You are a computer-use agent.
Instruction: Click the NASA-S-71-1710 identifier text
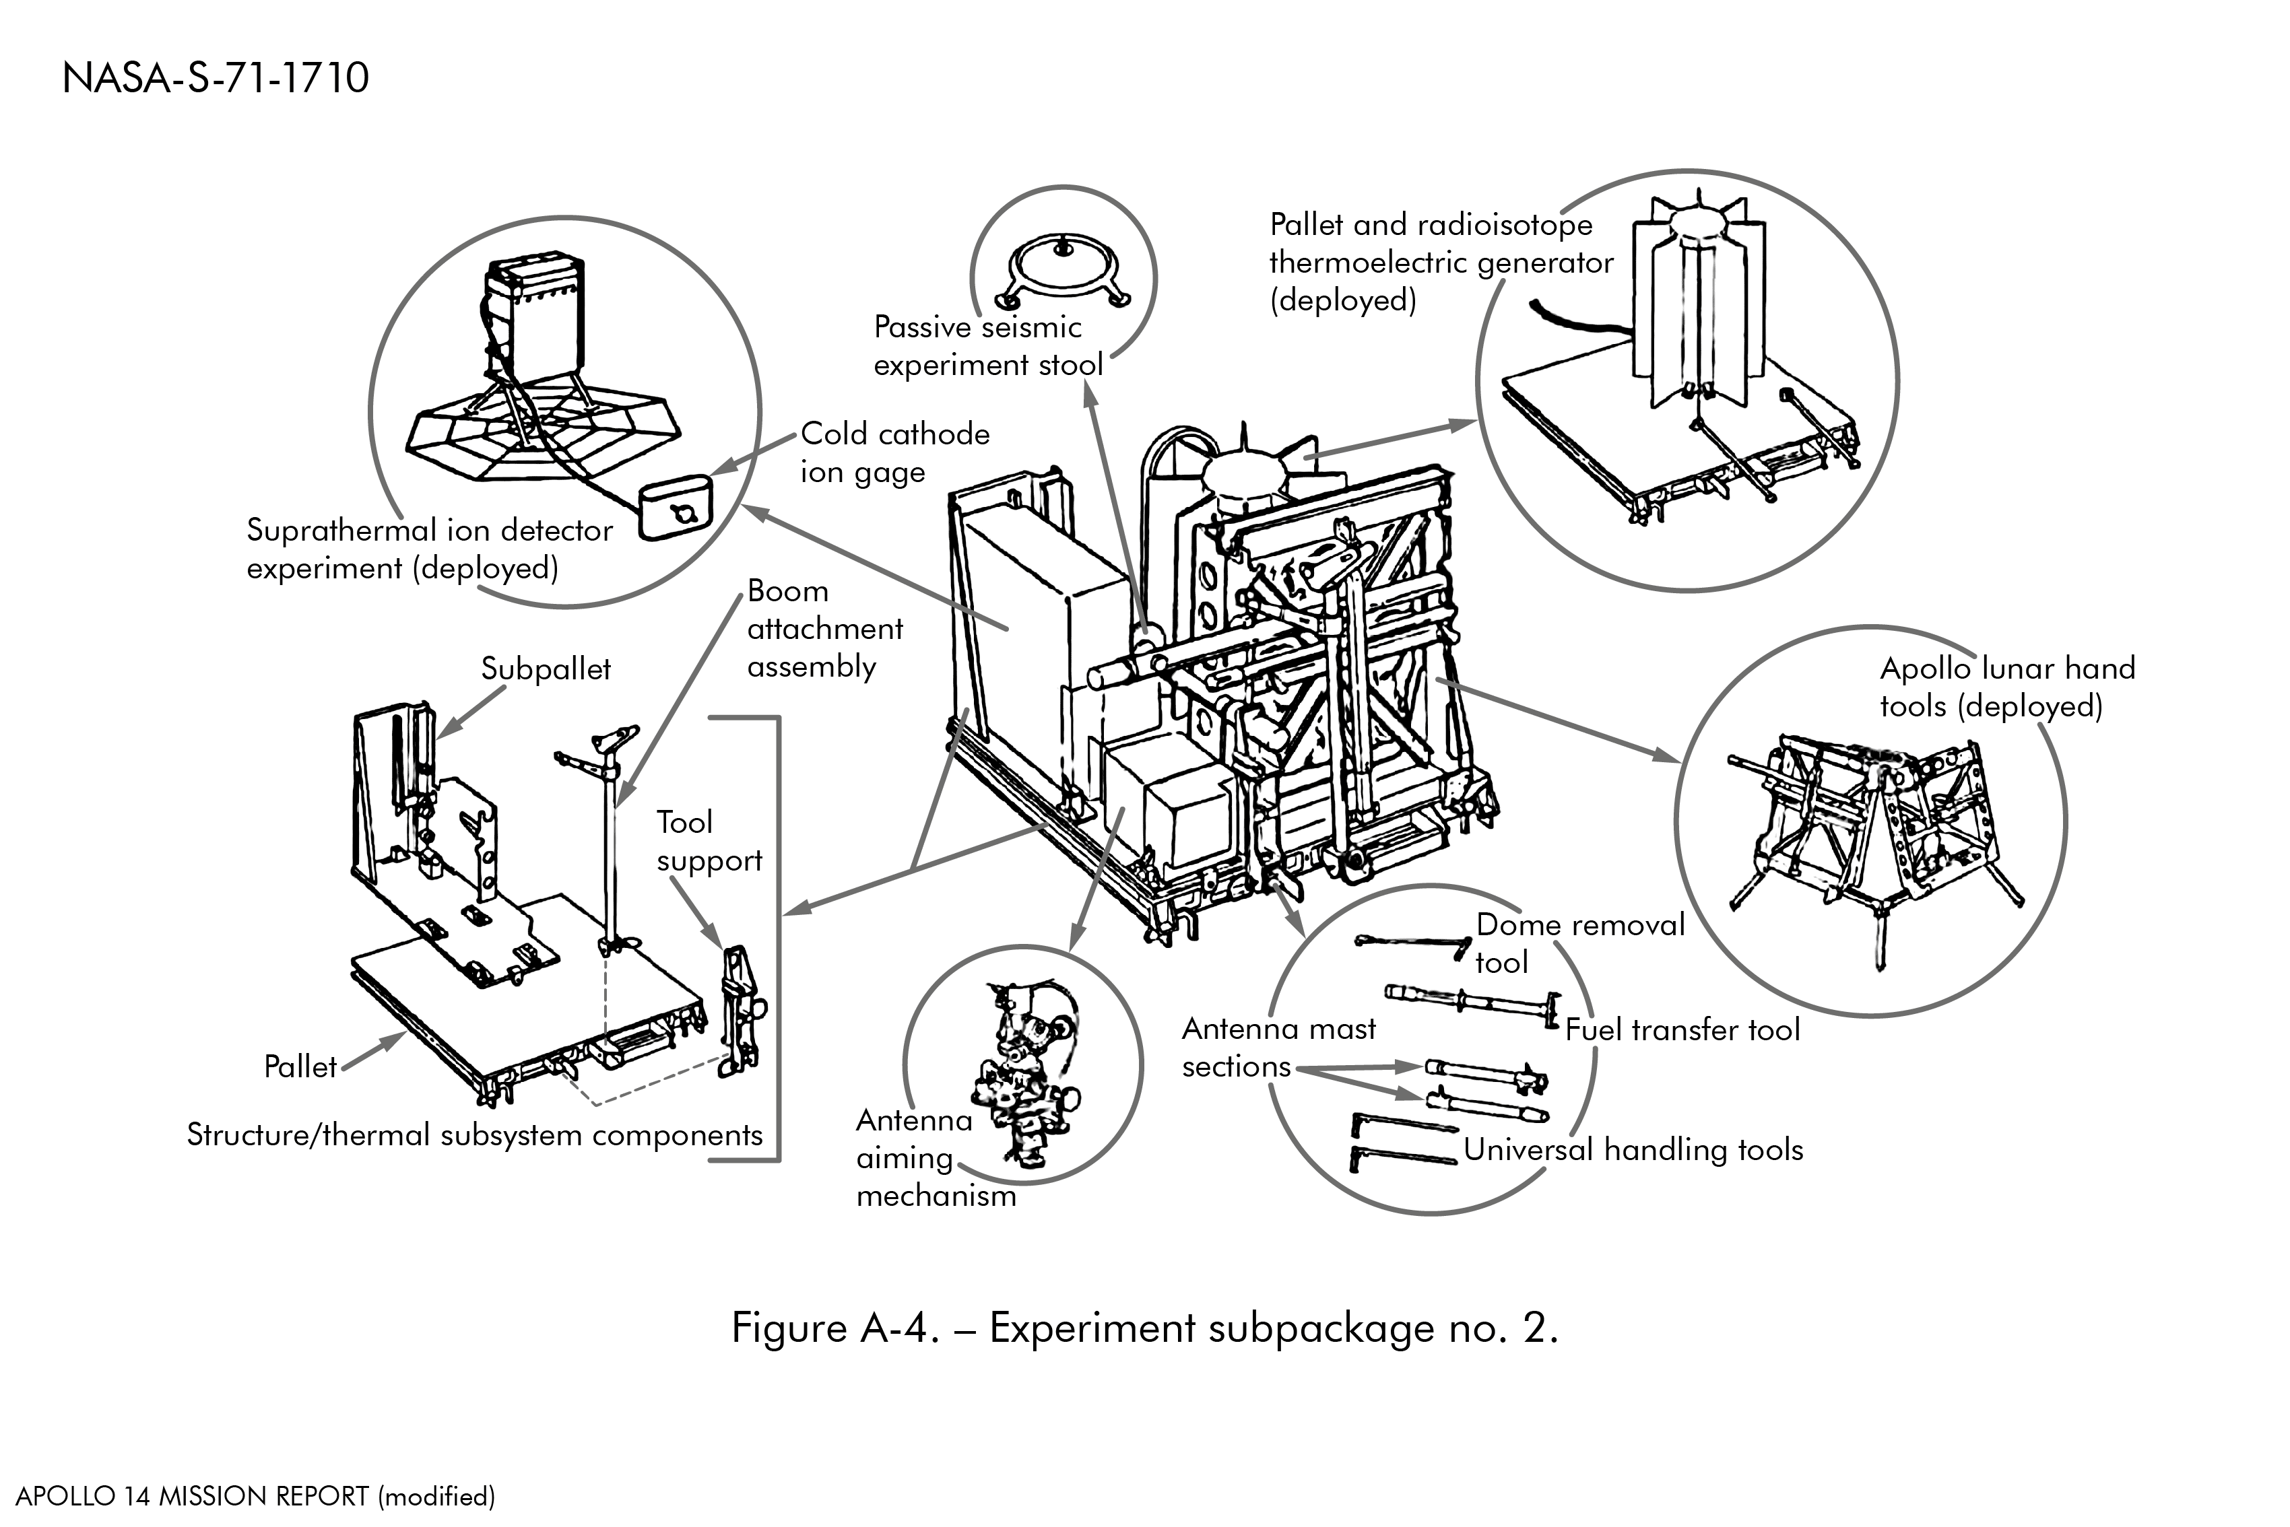pyautogui.click(x=216, y=79)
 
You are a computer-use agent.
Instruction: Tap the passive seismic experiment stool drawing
pyautogui.click(x=1063, y=269)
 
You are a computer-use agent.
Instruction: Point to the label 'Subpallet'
pyautogui.click(x=546, y=669)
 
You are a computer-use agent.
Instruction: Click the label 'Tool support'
pyautogui.click(x=708, y=842)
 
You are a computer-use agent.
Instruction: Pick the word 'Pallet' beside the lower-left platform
pyautogui.click(x=300, y=1067)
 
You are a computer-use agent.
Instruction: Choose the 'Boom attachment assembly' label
pyautogui.click(x=824, y=629)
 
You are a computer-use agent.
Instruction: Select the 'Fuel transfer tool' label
pyautogui.click(x=1682, y=1030)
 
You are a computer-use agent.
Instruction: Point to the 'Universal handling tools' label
pyautogui.click(x=1633, y=1150)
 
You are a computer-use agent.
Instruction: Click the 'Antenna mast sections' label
pyautogui.click(x=1278, y=1048)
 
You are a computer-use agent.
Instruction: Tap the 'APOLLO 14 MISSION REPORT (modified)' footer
pyautogui.click(x=255, y=1496)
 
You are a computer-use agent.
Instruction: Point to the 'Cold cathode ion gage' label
pyautogui.click(x=894, y=453)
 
